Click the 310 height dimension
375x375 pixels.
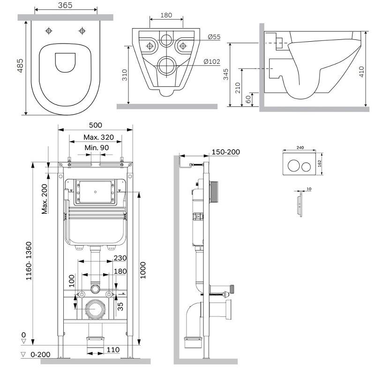tap(124, 75)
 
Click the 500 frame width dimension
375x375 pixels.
tap(96, 125)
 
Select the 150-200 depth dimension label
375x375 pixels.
tap(225, 152)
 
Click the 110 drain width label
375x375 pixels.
tap(113, 350)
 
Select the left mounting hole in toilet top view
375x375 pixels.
tap(49, 30)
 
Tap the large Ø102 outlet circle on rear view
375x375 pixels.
tap(166, 65)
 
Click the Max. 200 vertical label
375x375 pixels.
tap(45, 198)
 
